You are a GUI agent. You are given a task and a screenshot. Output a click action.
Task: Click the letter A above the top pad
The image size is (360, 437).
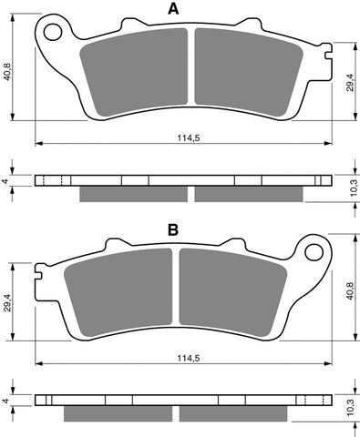(x=173, y=10)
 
